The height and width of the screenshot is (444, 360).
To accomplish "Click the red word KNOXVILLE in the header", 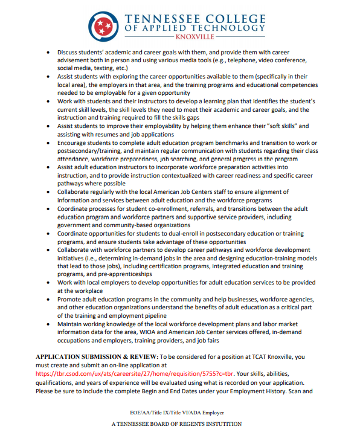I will [196, 37].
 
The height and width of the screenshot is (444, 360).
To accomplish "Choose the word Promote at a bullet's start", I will [72, 299].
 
